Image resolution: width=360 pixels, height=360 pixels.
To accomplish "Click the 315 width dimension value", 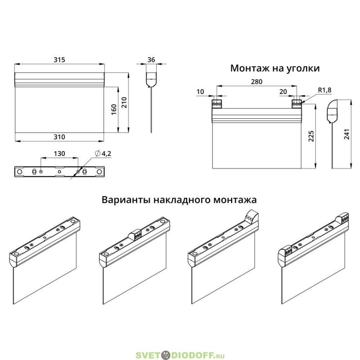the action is click(x=59, y=60).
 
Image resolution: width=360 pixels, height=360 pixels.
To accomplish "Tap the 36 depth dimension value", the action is click(x=151, y=60).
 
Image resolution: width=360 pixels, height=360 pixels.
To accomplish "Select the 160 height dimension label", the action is click(x=114, y=109).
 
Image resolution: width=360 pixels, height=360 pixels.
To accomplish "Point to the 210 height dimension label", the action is click(x=124, y=103).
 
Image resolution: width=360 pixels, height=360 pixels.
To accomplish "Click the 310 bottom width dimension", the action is click(x=59, y=137).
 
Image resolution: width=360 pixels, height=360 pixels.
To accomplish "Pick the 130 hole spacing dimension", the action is click(x=59, y=153).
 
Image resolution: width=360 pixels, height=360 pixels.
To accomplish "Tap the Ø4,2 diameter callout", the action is click(x=103, y=153).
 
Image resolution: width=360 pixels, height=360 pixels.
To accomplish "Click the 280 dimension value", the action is click(x=256, y=81).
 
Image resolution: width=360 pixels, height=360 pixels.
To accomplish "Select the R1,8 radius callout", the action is click(x=324, y=90).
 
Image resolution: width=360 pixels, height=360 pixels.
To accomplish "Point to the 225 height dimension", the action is click(x=311, y=136).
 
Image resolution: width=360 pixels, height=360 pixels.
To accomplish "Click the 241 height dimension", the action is click(x=346, y=134).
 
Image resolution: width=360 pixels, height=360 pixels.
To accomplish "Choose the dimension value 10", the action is click(x=200, y=92).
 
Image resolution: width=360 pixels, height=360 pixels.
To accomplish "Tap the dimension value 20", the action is click(x=283, y=92).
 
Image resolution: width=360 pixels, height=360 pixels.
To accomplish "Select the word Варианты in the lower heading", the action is click(x=126, y=200).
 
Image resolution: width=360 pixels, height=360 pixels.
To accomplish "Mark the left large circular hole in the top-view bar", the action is click(x=20, y=172).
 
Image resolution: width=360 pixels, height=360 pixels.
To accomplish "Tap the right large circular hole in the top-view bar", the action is click(x=99, y=172).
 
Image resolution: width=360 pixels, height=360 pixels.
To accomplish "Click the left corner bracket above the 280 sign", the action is click(x=217, y=104).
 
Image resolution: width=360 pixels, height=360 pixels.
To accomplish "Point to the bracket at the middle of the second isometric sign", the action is click(x=135, y=234).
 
